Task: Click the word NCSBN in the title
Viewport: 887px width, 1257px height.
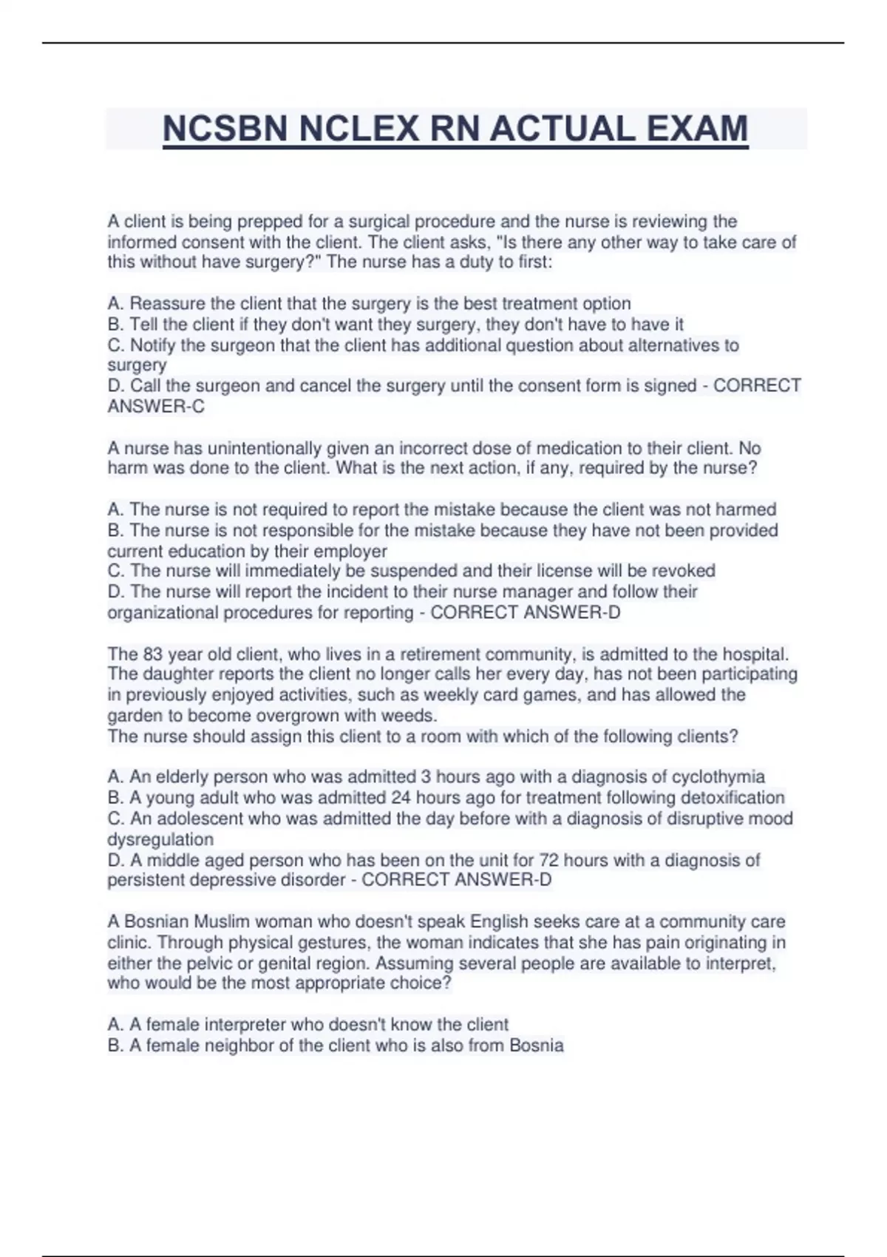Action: [225, 129]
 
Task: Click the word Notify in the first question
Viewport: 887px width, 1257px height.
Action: [154, 345]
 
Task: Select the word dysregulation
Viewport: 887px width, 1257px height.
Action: [160, 839]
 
